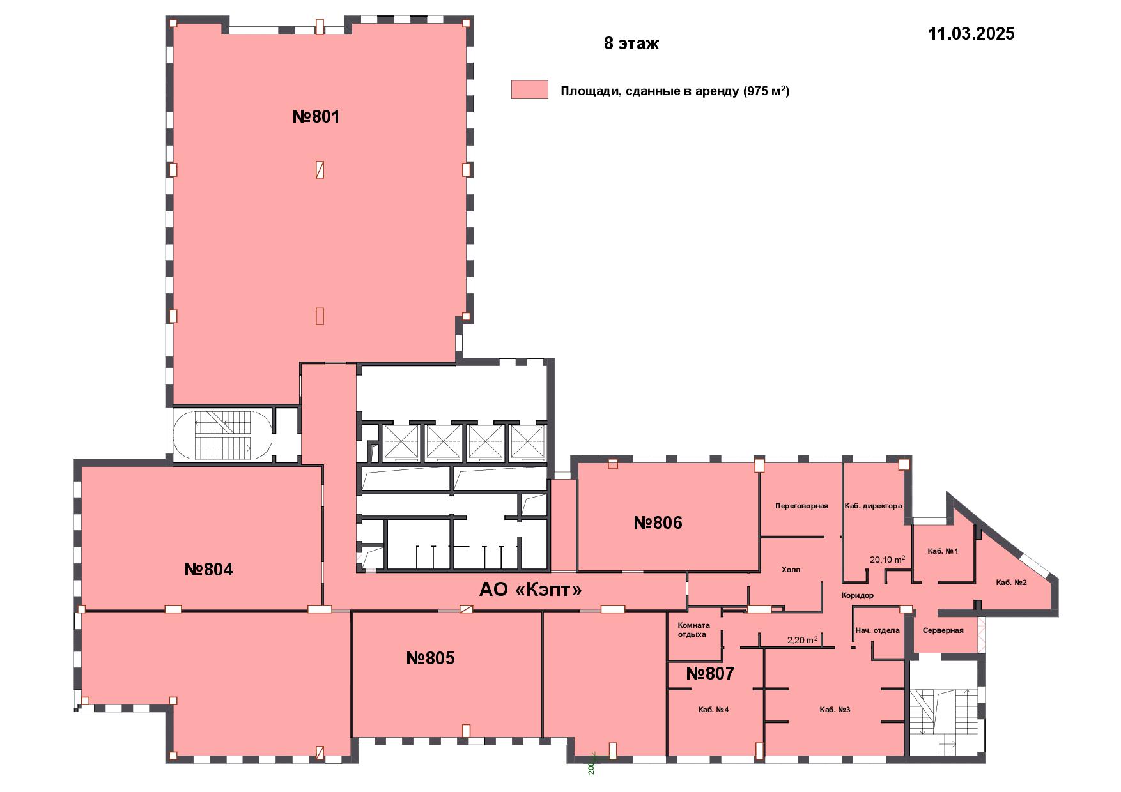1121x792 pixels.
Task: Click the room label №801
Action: pyautogui.click(x=316, y=117)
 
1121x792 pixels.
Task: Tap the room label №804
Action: pyautogui.click(x=208, y=569)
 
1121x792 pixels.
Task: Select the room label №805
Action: pyautogui.click(x=430, y=658)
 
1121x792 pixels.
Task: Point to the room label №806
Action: pyautogui.click(x=658, y=523)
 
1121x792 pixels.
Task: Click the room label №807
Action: pyautogui.click(x=710, y=673)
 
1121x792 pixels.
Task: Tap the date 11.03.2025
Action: pyautogui.click(x=971, y=34)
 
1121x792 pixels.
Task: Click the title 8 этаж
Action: pyautogui.click(x=631, y=43)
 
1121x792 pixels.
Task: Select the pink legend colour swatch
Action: pyautogui.click(x=529, y=89)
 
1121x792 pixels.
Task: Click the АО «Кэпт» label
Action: pyautogui.click(x=530, y=590)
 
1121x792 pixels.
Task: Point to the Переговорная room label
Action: pyautogui.click(x=801, y=506)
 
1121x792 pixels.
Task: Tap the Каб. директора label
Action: pyautogui.click(x=873, y=506)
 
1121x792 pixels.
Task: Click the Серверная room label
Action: pyautogui.click(x=943, y=630)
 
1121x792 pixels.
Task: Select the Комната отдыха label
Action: pyautogui.click(x=693, y=630)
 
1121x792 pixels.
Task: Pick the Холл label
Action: pyautogui.click(x=791, y=570)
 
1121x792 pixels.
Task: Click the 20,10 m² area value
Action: pyautogui.click(x=887, y=560)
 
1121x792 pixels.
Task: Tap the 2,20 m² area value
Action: pyautogui.click(x=802, y=640)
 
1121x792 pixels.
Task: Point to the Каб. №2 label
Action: pyautogui.click(x=1011, y=583)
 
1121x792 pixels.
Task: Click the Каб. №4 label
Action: pyautogui.click(x=713, y=710)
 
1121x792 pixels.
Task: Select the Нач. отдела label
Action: pyautogui.click(x=877, y=630)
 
